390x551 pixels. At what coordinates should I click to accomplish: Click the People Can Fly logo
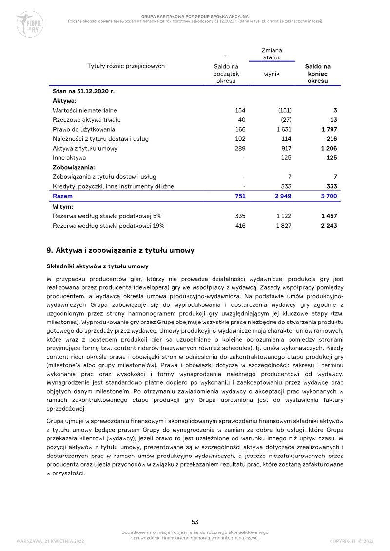29,24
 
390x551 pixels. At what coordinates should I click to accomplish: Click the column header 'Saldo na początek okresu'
226,74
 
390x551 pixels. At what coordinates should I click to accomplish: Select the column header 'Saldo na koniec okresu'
317,74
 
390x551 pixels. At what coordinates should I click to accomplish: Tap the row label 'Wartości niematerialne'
85,111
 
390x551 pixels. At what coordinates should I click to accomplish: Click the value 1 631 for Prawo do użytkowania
284,130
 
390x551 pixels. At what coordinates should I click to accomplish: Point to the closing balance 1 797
329,130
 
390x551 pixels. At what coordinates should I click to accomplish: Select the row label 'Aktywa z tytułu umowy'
85,148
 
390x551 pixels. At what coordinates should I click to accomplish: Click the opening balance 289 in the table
240,148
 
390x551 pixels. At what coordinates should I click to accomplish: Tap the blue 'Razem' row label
62,196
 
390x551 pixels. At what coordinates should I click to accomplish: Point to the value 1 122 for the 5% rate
284,215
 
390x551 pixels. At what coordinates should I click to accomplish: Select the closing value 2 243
329,225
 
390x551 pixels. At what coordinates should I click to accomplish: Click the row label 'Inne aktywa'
69,158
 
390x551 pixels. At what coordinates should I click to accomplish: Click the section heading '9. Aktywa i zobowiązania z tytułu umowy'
120,250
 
